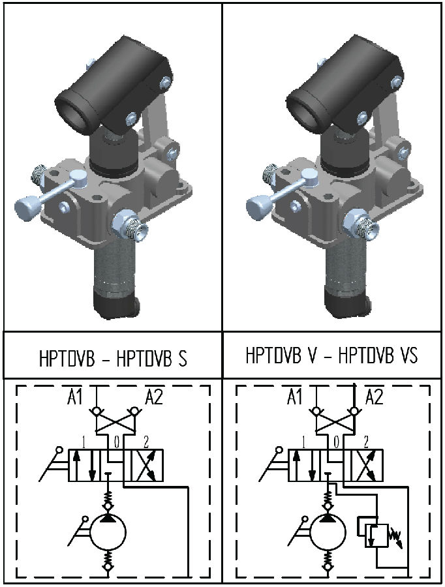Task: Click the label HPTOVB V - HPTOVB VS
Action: point(331,356)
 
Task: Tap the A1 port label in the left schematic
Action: point(75,397)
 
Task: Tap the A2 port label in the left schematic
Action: point(153,397)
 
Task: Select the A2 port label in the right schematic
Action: point(375,397)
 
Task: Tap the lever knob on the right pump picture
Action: point(258,208)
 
